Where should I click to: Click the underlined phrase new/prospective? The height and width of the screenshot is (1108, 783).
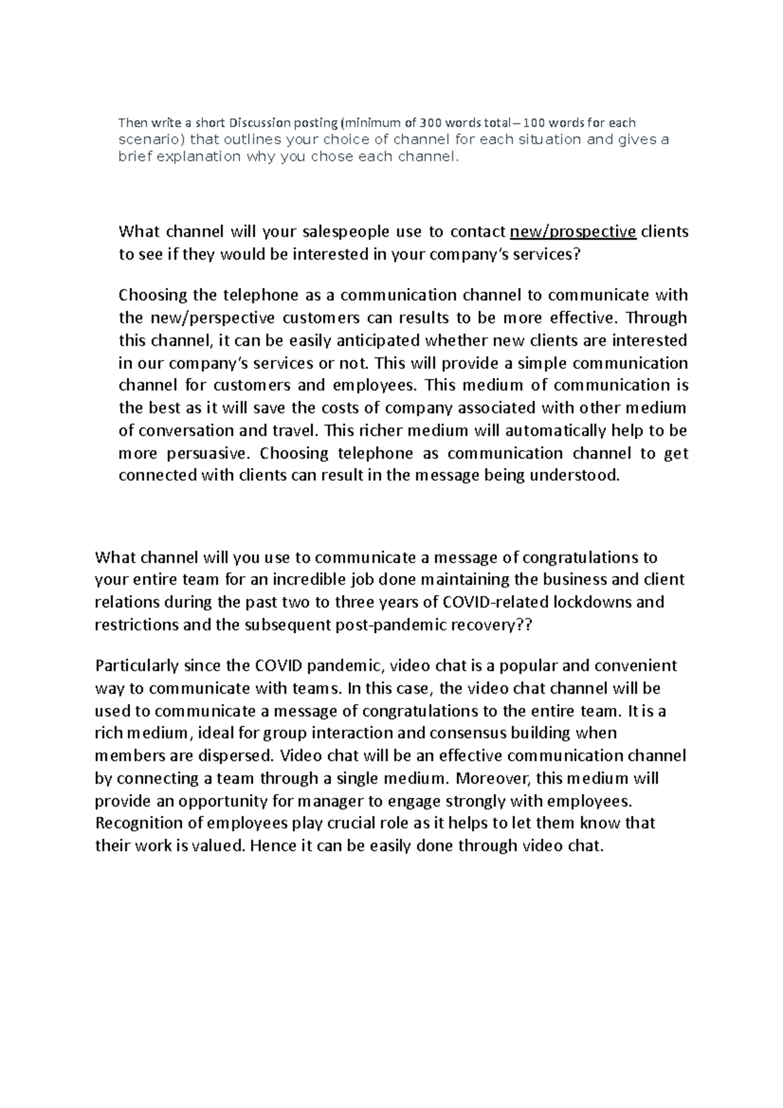[573, 232]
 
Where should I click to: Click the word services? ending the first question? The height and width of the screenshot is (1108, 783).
[546, 254]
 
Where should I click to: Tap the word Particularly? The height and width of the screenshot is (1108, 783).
[136, 666]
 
